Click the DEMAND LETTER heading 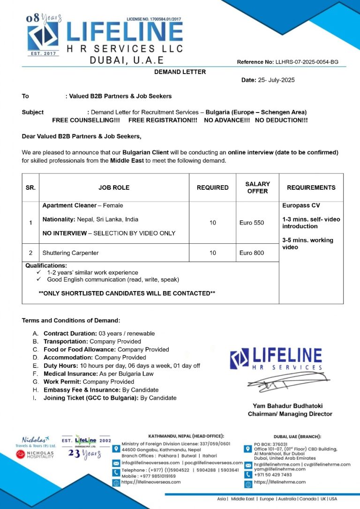coord(180,72)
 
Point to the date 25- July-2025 coord(276,80)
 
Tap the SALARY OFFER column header coord(257,187)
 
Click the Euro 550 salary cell coord(252,223)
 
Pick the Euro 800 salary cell coord(252,253)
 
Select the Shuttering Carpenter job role coord(70,253)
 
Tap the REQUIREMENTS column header coord(311,187)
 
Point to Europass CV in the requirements coord(301,205)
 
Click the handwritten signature coord(286,380)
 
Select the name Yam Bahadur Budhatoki coord(288,406)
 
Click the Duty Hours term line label coord(61,366)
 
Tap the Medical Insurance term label coord(68,374)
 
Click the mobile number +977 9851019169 coord(149,476)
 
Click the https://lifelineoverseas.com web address coord(151,482)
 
